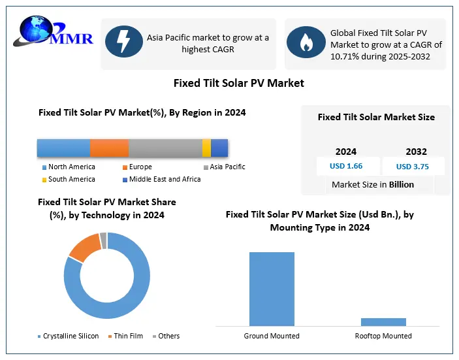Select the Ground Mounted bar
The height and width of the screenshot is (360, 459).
pos(272,288)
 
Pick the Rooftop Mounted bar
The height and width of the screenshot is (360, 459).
pos(383,321)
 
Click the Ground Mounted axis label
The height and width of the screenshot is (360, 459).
pos(272,336)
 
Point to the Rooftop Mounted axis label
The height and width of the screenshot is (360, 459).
pos(383,336)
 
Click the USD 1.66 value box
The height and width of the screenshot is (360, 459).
pos(346,166)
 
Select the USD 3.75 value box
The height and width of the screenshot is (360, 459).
pos(413,166)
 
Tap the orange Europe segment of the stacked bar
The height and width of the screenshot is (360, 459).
pos(109,148)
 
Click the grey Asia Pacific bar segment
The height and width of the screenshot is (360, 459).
pos(165,148)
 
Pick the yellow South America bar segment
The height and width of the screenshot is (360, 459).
pos(206,148)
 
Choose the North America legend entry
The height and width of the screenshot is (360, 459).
pos(68,167)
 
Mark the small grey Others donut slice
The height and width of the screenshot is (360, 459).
pos(103,240)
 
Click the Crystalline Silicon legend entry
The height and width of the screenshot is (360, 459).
pos(68,336)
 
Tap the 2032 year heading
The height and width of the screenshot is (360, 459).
pos(416,152)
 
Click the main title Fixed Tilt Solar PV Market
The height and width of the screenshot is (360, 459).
pos(238,83)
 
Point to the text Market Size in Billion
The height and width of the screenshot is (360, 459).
pos(373,184)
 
